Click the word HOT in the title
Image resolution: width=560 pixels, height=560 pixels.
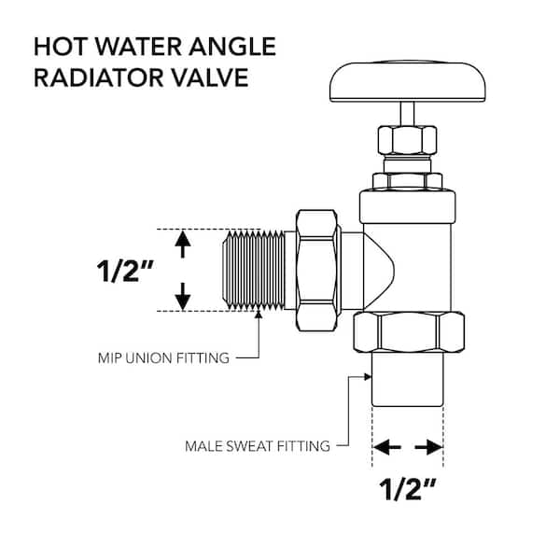point(60,47)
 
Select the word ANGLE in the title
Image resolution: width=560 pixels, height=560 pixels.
point(232,47)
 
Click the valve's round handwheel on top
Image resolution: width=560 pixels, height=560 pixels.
point(407,82)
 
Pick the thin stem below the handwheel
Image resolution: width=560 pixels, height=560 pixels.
point(407,114)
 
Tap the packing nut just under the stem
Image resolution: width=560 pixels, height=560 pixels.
point(407,140)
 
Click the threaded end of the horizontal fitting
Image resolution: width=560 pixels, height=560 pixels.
point(254,270)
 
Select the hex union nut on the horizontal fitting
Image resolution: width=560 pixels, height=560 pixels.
point(316,270)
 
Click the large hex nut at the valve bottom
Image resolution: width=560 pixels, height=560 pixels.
point(409,332)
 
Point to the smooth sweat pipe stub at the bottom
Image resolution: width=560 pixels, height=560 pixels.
point(408,380)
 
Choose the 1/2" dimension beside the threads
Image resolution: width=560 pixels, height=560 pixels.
point(125,271)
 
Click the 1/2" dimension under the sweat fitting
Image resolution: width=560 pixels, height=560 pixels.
point(407,488)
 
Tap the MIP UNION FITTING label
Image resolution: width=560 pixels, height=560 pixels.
point(163,358)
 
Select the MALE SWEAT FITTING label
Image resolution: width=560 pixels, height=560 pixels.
point(258,446)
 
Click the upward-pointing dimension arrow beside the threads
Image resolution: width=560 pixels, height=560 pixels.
point(183,245)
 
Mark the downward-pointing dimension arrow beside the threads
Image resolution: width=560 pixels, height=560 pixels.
point(183,297)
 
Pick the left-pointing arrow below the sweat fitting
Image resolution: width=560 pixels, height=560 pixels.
point(386,447)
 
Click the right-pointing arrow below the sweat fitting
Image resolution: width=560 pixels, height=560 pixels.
point(428,447)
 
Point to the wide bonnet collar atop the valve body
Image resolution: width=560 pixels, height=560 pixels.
point(408,207)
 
